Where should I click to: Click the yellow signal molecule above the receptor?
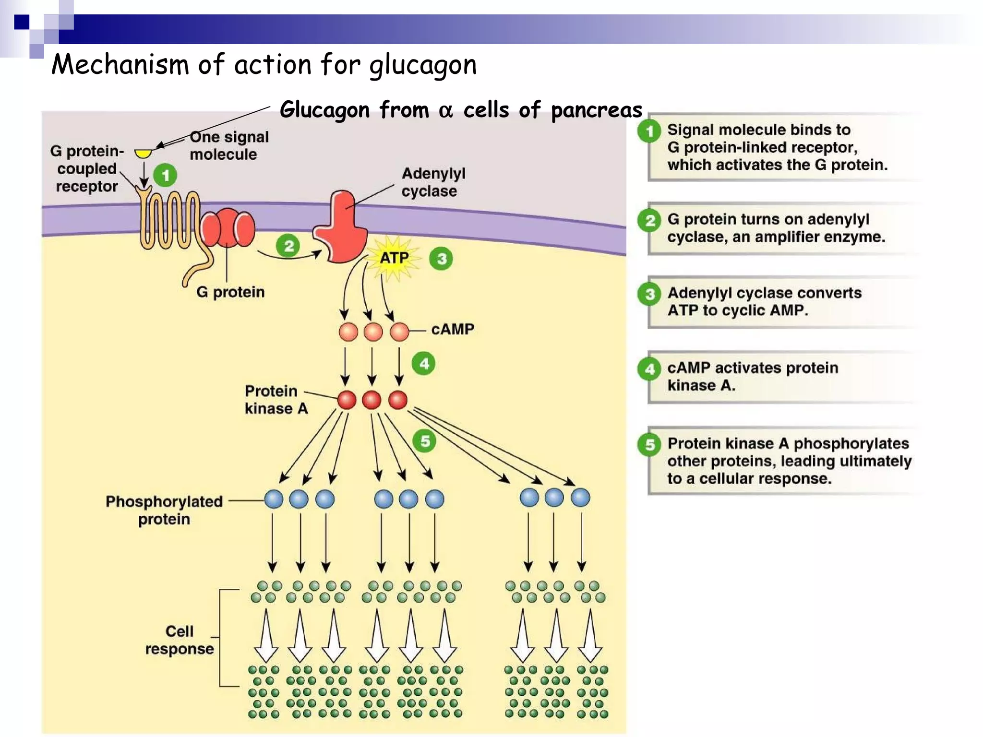[143, 154]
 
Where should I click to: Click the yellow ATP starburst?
[394, 258]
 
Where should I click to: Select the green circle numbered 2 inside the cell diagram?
[288, 246]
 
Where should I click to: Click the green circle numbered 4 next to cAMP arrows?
[424, 364]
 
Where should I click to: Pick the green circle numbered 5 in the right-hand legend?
[649, 444]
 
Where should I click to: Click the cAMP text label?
[452, 329]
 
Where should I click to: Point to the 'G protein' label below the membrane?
[230, 292]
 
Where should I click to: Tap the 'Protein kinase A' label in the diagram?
[276, 399]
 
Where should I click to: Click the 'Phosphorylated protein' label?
[164, 510]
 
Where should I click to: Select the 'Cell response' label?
[179, 640]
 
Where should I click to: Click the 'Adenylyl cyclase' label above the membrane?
[433, 182]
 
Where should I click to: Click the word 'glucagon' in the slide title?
[423, 65]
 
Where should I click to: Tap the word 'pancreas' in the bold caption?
[596, 110]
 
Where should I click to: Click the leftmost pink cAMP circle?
[348, 332]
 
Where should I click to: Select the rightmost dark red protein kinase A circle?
[398, 400]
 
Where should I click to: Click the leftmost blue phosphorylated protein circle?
[274, 499]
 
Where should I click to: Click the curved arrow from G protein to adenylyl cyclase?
[288, 257]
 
